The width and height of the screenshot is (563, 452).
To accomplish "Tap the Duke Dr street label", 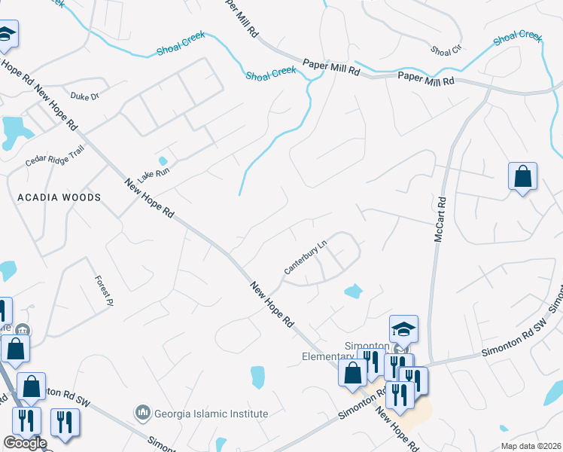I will (x=84, y=96).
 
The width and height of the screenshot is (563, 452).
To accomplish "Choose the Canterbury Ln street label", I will (x=306, y=258).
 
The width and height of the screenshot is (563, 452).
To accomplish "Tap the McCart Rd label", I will (x=441, y=220).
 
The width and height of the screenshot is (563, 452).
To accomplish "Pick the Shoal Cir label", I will (x=446, y=50).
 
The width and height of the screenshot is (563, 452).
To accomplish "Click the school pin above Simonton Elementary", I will (x=403, y=329).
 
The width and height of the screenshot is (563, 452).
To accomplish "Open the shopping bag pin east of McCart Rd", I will (x=522, y=178).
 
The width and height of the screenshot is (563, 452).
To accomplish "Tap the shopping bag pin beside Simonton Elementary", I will (x=351, y=373).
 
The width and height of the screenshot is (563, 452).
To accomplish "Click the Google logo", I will (x=24, y=443).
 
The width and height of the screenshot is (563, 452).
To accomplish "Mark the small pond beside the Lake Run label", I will (x=163, y=160).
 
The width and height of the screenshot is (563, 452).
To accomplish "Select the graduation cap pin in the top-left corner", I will (x=6, y=35).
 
